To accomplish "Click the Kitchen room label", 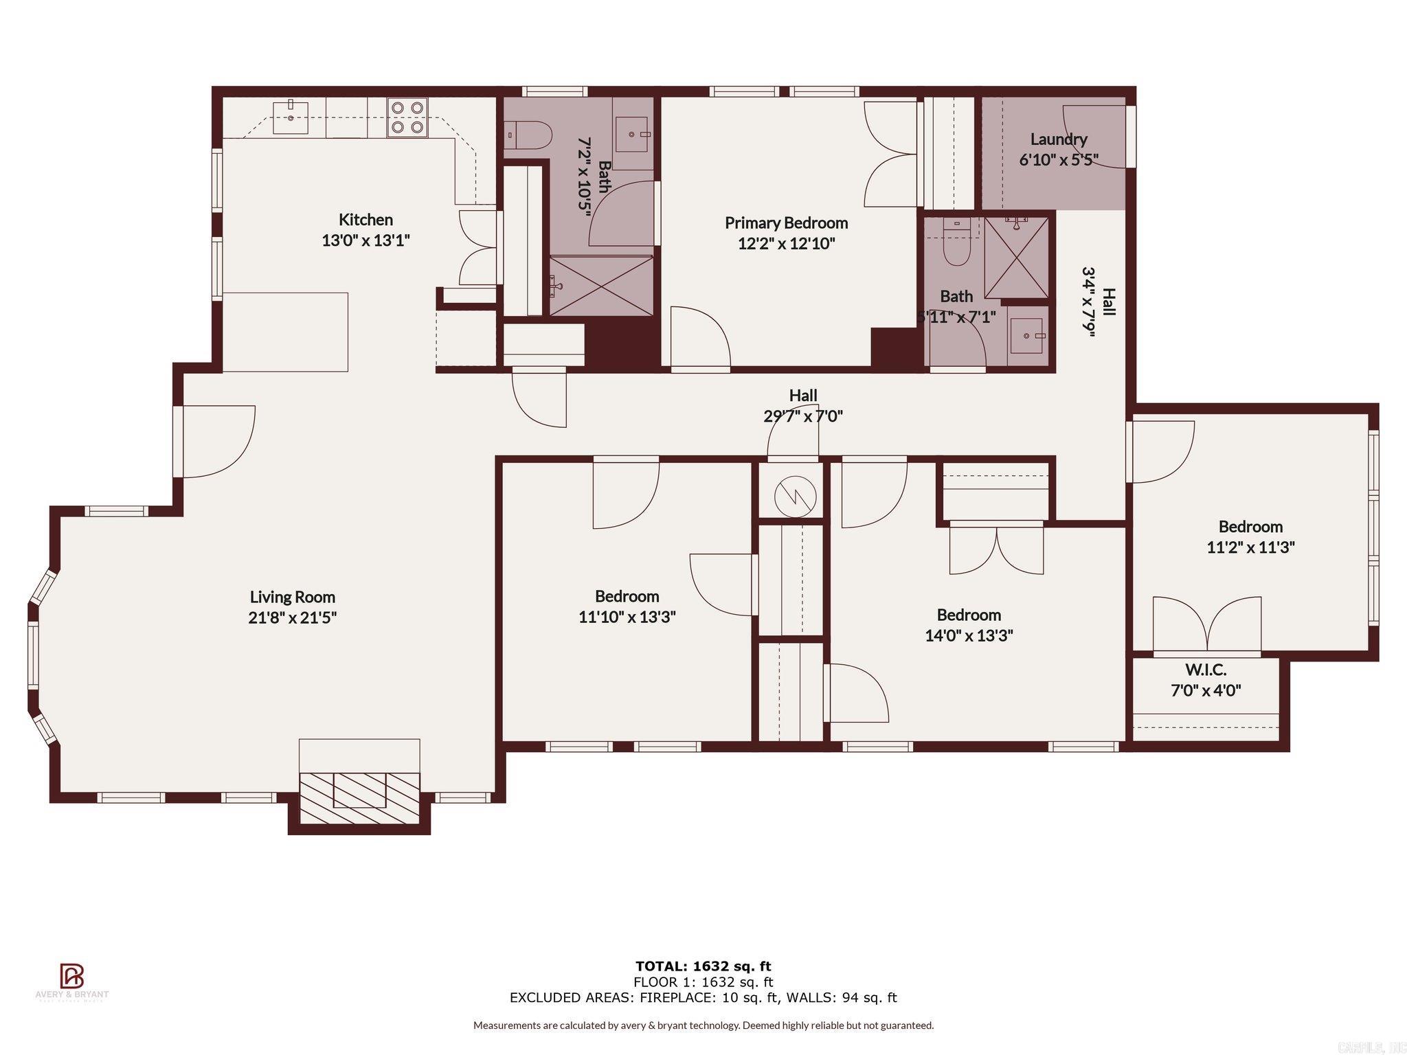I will [365, 220].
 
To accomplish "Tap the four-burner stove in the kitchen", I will [407, 117].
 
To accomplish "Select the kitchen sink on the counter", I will [291, 117].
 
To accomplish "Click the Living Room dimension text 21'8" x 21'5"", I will [292, 617].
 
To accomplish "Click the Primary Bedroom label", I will [786, 223].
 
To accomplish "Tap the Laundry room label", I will [1058, 139].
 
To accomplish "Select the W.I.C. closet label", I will [1205, 670].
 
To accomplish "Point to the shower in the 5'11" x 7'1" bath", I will [1016, 257].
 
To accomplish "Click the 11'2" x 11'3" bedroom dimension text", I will [1250, 547].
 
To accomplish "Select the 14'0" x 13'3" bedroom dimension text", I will [969, 635].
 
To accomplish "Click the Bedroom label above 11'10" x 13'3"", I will [627, 596].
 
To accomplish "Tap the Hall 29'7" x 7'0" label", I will [802, 405].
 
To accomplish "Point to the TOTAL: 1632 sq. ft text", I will [703, 966].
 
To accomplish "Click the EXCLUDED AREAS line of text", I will [703, 998].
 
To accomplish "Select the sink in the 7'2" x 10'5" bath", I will [632, 134].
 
